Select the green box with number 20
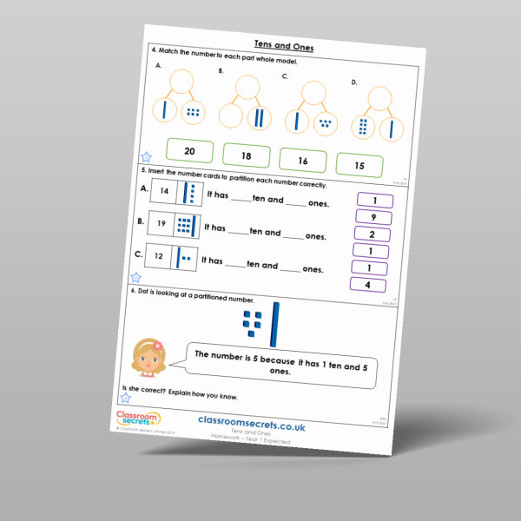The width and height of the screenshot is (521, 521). click(x=188, y=151)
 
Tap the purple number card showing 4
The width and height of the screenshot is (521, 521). click(x=367, y=284)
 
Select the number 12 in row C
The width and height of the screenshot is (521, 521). click(x=157, y=257)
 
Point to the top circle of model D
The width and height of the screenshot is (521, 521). click(x=380, y=96)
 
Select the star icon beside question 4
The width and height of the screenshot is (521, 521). click(x=146, y=157)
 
